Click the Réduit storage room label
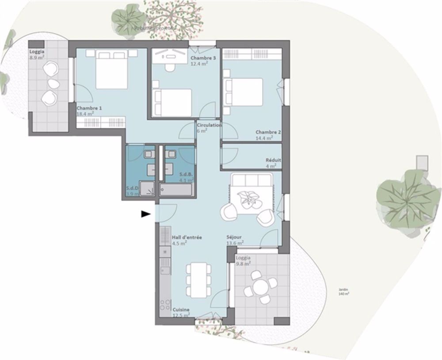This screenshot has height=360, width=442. [x=273, y=160]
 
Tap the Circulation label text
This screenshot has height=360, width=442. [x=209, y=126]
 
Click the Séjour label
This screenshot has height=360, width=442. [x=234, y=237]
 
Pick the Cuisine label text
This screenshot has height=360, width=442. [x=181, y=310]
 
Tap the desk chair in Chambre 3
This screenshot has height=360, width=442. [x=168, y=68]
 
